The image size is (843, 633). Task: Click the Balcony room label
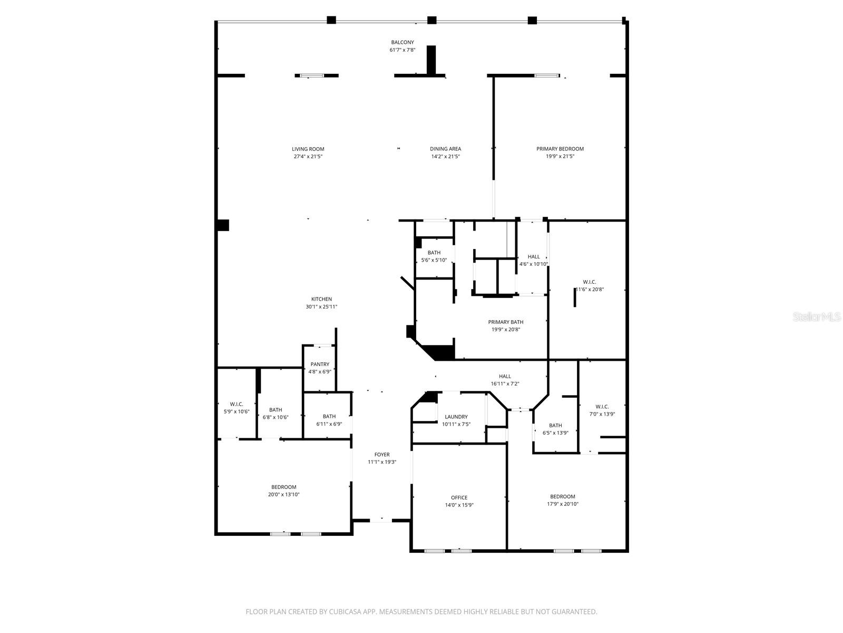(x=402, y=42)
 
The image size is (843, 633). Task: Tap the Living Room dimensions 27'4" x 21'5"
(x=308, y=157)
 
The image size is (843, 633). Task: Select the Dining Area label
(x=445, y=149)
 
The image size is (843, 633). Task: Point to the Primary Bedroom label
(x=560, y=149)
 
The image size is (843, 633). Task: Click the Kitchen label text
(x=321, y=299)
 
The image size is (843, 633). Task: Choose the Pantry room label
(x=320, y=364)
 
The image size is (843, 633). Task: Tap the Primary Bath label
(x=506, y=322)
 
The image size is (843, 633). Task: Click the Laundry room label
(x=456, y=417)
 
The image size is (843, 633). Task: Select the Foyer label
(x=382, y=454)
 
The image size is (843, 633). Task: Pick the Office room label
(x=459, y=497)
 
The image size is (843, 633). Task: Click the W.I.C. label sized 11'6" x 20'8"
(x=590, y=282)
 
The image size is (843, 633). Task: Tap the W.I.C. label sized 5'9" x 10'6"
(x=236, y=404)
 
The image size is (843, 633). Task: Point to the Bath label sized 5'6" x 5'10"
(x=434, y=253)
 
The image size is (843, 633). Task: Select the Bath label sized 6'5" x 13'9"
(x=555, y=425)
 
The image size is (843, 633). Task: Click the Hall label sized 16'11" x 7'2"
(x=505, y=376)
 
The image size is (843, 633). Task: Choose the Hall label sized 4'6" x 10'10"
(x=534, y=256)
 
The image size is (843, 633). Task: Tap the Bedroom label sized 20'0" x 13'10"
(x=283, y=487)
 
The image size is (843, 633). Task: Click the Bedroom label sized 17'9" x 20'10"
(x=563, y=496)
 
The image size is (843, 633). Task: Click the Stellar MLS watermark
(x=817, y=317)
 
